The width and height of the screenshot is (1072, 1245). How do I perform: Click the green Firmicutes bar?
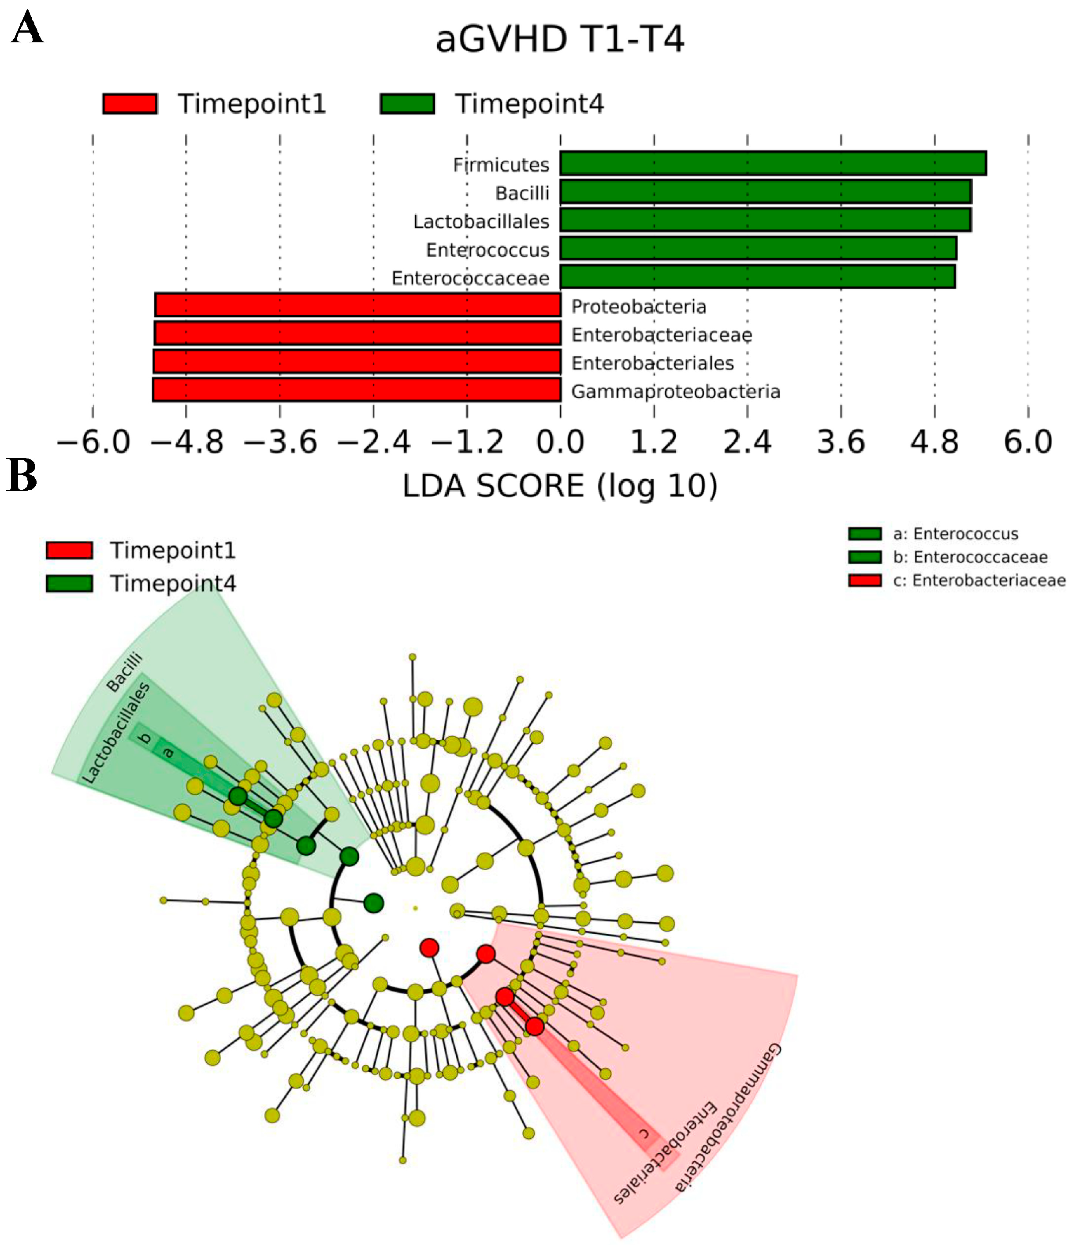pos(773,164)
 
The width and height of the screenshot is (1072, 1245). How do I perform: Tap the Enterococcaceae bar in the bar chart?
pos(757,277)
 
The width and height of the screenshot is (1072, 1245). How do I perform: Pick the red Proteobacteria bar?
pos(358,305)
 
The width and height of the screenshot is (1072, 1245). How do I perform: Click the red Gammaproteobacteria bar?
pos(357,390)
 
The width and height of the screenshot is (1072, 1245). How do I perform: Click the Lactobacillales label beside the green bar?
pos(481,222)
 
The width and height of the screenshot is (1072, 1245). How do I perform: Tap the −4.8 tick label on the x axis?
pos(187,443)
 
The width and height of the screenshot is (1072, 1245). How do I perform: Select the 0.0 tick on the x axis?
pos(560,443)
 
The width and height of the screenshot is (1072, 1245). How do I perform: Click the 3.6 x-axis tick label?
pos(841,443)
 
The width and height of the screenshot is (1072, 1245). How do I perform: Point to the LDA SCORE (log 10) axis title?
pos(560,485)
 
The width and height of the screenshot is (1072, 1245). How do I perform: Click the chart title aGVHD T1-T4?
pos(560,40)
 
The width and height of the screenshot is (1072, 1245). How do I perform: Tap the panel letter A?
pos(27,28)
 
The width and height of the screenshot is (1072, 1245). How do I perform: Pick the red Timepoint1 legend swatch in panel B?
pos(69,550)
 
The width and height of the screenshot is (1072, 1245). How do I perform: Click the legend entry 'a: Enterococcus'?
pos(956,533)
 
